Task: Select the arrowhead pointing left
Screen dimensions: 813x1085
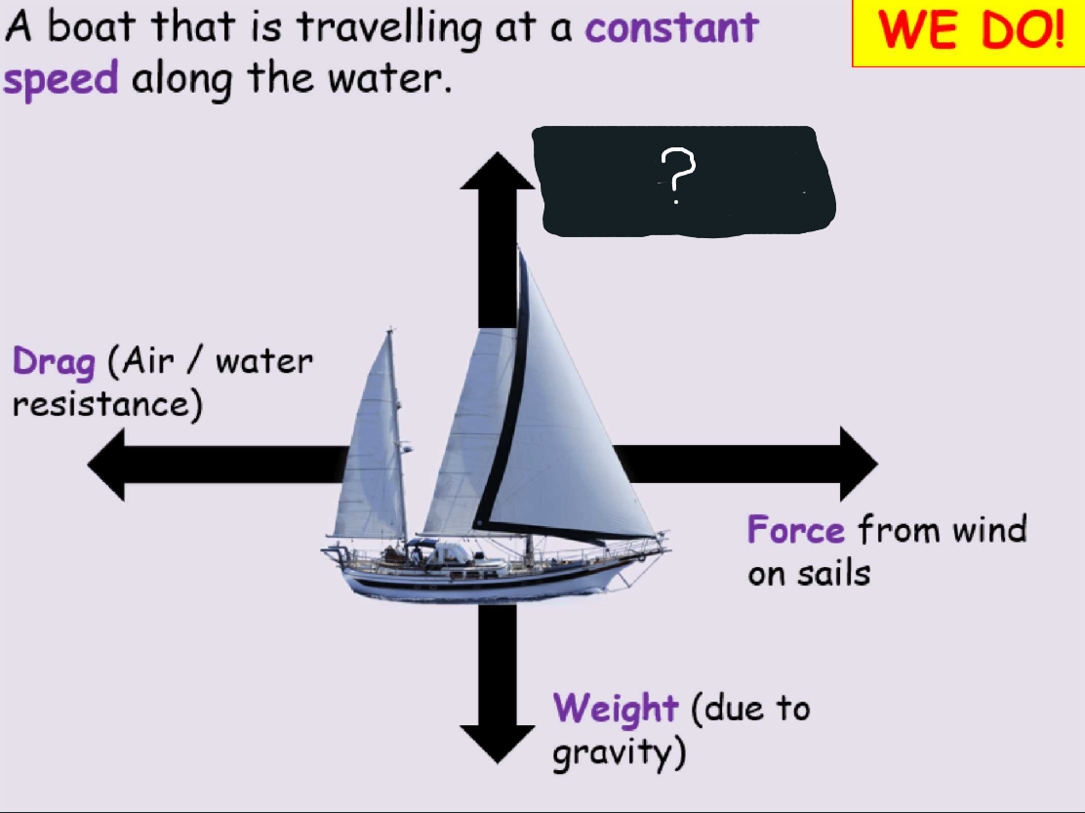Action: point(109,464)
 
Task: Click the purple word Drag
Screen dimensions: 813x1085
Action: point(54,363)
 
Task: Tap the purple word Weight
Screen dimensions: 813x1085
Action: point(615,707)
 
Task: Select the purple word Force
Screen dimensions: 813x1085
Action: point(795,530)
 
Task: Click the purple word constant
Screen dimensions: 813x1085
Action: point(671,27)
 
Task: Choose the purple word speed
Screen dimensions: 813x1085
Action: point(60,78)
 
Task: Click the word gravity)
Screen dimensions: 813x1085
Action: point(619,753)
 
